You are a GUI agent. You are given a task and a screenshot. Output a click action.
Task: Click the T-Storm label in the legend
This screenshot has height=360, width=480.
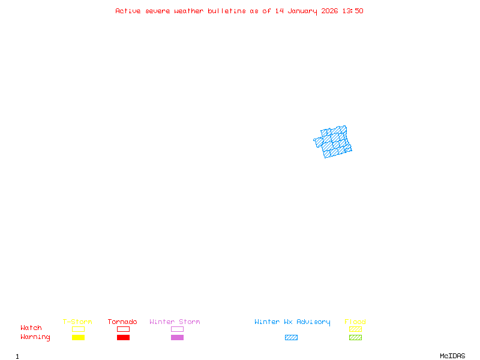[x=77, y=322]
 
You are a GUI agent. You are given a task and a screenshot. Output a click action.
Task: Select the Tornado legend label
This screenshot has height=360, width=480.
[x=122, y=322]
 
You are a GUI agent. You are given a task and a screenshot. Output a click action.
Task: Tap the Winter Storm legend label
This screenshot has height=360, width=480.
[x=175, y=322]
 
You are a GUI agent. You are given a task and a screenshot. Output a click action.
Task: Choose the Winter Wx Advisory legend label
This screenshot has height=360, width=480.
[x=292, y=322]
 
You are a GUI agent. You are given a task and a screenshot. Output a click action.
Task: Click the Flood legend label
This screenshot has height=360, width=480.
[x=355, y=322]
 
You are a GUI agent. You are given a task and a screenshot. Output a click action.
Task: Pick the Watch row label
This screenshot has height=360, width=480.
[x=31, y=328]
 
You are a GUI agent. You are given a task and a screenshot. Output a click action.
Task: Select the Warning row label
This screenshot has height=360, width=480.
[x=35, y=337]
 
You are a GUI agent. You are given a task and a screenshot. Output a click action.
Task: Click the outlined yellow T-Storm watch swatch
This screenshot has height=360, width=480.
[x=78, y=329]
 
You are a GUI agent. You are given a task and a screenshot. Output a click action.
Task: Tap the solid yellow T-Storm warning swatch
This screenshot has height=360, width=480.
[x=78, y=337]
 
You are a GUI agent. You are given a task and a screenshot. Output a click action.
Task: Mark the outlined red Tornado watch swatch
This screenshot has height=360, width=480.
[x=123, y=329]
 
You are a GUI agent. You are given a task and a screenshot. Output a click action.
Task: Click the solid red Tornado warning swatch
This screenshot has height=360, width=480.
[x=123, y=337]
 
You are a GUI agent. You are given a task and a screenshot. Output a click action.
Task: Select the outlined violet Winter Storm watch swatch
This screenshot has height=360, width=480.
[x=177, y=329]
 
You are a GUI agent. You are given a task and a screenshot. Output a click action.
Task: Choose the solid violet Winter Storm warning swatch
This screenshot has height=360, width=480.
[x=177, y=337]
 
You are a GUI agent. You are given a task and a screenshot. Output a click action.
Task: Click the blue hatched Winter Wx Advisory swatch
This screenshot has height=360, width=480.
[x=291, y=337]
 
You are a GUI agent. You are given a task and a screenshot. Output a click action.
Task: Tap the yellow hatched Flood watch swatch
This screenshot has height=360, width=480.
[x=355, y=329]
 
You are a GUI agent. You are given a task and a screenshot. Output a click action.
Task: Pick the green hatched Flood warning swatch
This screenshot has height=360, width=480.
[x=355, y=337]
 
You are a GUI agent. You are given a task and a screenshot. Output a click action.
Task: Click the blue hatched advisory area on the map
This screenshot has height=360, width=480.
[x=334, y=142]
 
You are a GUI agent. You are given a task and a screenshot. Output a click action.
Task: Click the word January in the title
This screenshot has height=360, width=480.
[x=301, y=11]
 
